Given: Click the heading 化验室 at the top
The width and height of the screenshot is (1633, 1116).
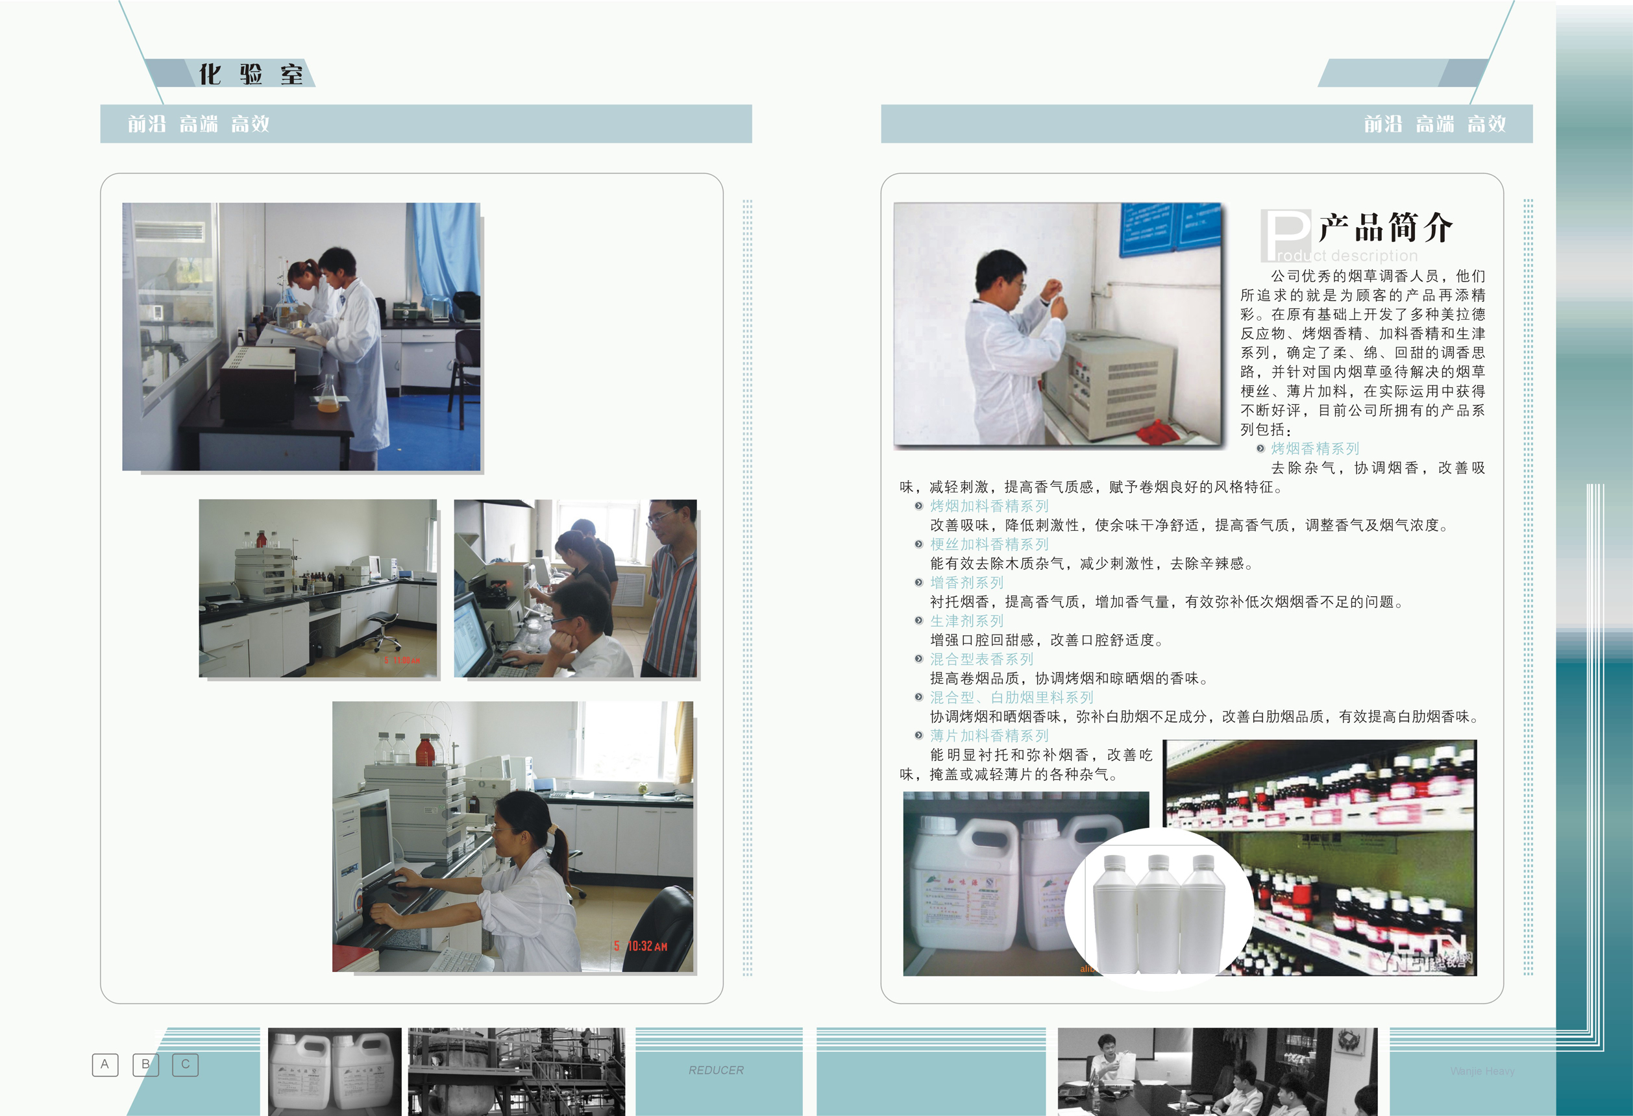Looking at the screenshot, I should pos(251,74).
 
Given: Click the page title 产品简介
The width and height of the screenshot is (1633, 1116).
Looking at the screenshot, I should pos(1385,228).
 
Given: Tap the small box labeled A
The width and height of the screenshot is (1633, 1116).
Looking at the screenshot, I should pos(104,1064).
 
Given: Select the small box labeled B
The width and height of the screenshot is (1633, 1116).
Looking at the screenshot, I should pos(145,1064).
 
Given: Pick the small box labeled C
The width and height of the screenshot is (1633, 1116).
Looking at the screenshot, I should pos(186,1064).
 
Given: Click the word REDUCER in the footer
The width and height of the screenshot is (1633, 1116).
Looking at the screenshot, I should pos(715,1070).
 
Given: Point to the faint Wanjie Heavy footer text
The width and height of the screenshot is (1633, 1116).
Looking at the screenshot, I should pos(1482,1071).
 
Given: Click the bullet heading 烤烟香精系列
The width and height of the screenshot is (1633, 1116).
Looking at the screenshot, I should pos(1315,448).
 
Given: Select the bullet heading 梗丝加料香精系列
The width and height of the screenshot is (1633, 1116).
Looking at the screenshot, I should pos(988,544).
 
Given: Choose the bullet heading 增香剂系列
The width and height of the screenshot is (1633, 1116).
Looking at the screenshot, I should pos(966,582).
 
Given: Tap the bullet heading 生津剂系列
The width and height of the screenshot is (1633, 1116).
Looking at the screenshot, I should pos(966,621).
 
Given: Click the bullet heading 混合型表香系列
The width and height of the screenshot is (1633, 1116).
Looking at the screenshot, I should pos(981,659).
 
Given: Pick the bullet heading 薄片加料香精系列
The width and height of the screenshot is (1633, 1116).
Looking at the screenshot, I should pos(988,735).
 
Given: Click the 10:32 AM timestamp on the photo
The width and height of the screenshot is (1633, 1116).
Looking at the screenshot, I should pos(646,946).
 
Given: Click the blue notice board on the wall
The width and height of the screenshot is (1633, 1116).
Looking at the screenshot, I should pos(1169,229).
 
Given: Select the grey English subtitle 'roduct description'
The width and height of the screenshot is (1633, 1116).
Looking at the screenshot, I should pos(1346,256).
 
